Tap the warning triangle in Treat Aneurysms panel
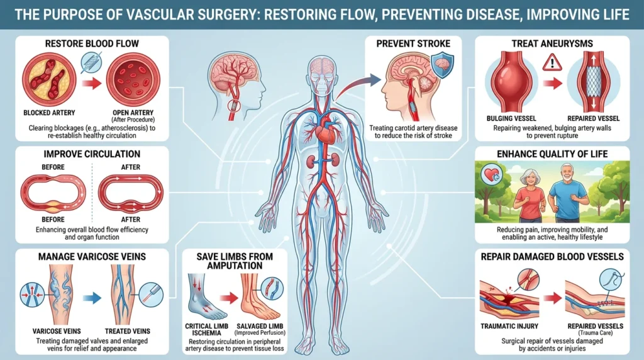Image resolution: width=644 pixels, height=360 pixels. click(x=552, y=63)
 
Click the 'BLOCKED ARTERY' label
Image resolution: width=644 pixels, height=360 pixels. click(x=49, y=113)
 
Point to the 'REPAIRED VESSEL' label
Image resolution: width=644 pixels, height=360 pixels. click(x=594, y=118)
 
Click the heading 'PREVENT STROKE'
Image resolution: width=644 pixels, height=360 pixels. click(x=413, y=43)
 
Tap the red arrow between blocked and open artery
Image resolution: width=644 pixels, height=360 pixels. click(x=92, y=84)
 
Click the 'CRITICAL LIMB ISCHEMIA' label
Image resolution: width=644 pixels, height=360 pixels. click(x=207, y=330)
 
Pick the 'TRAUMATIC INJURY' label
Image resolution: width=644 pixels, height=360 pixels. click(x=509, y=326)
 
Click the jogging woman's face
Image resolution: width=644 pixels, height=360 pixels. click(x=528, y=179)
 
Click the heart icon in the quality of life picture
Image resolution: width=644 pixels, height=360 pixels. click(x=492, y=174)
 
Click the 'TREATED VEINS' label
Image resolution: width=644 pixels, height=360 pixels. click(x=127, y=331)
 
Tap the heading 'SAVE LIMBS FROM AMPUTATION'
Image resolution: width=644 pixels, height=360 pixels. click(x=235, y=261)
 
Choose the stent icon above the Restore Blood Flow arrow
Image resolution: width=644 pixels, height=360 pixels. click(x=92, y=63)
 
